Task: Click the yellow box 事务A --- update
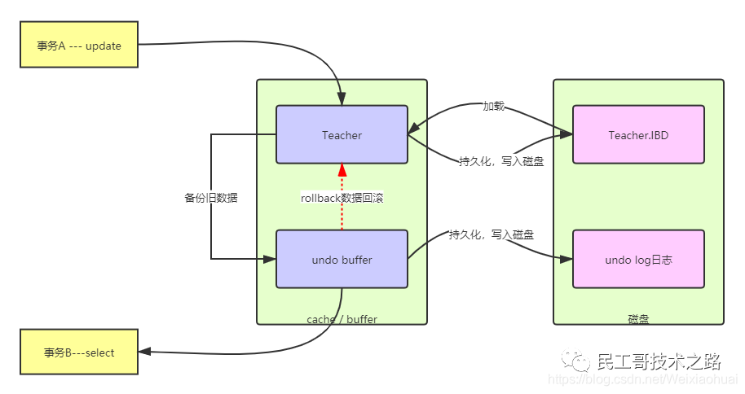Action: click(78, 46)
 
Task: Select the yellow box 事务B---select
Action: click(78, 352)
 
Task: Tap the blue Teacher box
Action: click(342, 135)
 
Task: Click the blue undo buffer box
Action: click(342, 260)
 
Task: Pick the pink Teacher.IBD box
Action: click(638, 135)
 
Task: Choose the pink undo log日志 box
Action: click(638, 260)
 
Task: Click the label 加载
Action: click(493, 106)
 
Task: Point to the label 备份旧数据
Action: click(211, 197)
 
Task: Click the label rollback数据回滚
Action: click(342, 197)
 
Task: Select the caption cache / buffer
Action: click(342, 319)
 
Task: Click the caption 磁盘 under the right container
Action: click(638, 319)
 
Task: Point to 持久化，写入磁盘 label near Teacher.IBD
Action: click(501, 161)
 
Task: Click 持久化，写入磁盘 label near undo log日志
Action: click(492, 235)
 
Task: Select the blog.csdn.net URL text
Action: click(644, 379)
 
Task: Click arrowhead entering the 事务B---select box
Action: click(143, 352)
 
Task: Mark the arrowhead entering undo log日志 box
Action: click(567, 259)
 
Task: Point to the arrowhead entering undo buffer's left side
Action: click(271, 259)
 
